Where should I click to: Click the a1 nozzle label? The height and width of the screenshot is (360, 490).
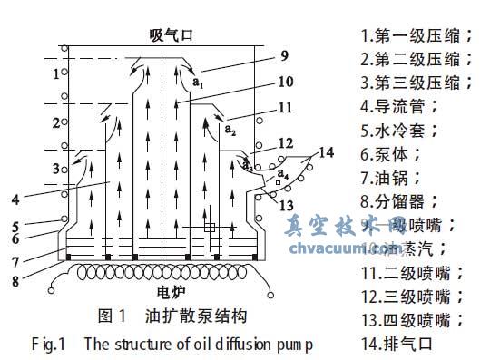coord(198,83)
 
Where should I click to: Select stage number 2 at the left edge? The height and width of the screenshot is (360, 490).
coord(55,122)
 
